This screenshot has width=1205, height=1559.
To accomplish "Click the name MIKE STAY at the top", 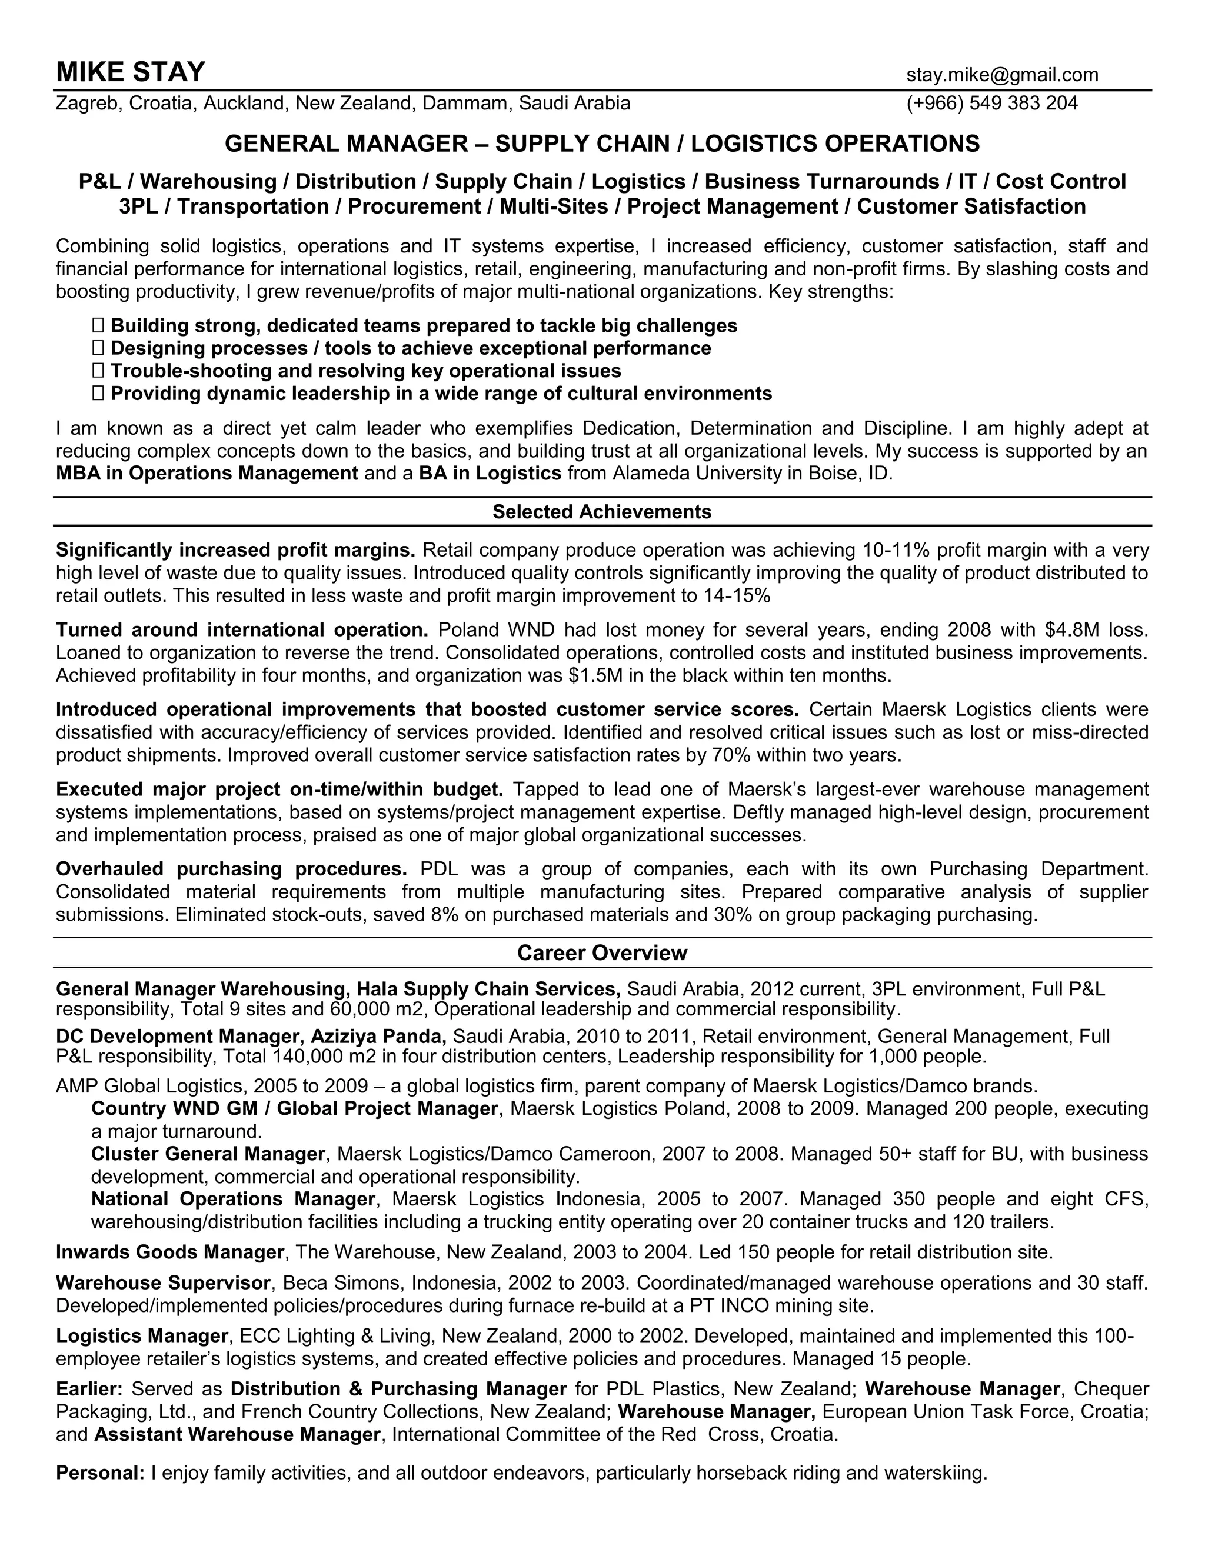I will pos(131,73).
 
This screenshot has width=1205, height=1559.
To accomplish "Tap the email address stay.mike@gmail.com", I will pos(1002,75).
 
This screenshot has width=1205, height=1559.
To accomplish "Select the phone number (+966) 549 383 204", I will pos(991,104).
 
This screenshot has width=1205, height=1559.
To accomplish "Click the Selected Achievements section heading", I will pos(602,512).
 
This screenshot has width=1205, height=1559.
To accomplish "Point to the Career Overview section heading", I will pos(602,953).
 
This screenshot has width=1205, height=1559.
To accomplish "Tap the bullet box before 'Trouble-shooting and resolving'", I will pos(98,371).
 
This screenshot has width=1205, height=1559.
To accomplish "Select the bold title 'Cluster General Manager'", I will pos(208,1154).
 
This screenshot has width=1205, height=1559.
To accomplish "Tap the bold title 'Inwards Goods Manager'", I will pos(170,1252).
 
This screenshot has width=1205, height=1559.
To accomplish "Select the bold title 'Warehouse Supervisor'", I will pos(164,1282).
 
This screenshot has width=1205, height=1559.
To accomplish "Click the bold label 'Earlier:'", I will pos(89,1389).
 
